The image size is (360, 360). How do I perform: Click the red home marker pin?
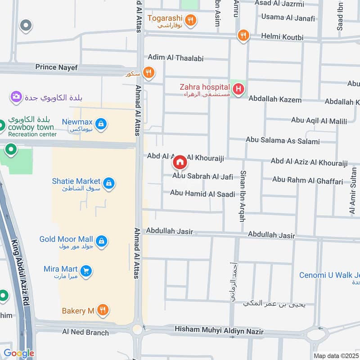[180, 162]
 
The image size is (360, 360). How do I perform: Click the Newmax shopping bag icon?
[101, 124]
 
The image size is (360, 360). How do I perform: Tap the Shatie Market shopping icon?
[108, 183]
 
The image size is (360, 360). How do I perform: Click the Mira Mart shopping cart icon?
[86, 271]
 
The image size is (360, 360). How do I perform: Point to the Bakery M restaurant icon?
[103, 310]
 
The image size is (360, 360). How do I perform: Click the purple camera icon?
[16, 96]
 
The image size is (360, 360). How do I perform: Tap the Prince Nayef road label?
[57, 67]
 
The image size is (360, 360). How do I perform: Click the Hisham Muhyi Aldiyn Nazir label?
[219, 331]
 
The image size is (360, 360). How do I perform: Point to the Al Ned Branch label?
[85, 333]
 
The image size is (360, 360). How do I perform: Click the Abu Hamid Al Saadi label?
[202, 193]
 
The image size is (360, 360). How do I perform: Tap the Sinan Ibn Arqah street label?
[243, 196]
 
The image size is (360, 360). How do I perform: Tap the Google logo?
[19, 353]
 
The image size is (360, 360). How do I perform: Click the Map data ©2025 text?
[335, 355]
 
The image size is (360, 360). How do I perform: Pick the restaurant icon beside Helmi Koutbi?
[243, 36]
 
